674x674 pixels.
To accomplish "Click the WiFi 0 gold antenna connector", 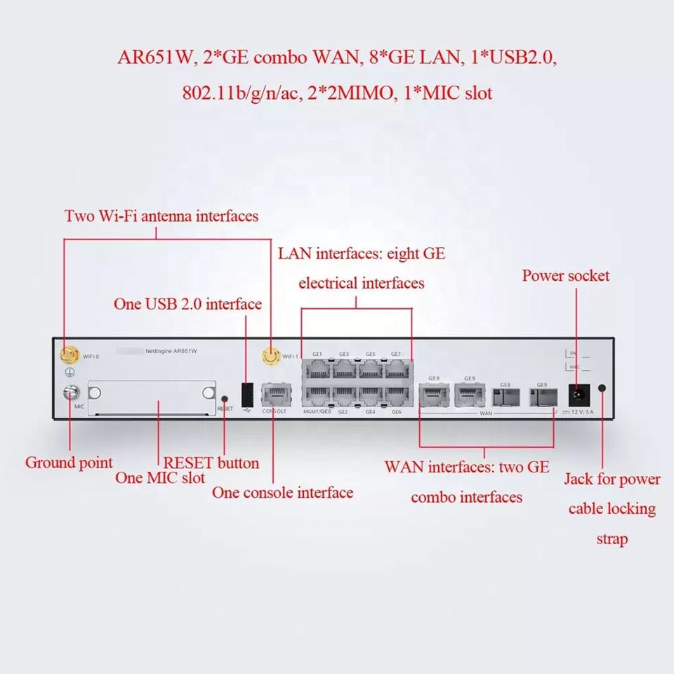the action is [x=70, y=355].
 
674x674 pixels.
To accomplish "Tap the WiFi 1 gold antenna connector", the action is [x=269, y=357].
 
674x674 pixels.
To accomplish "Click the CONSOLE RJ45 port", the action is [x=274, y=395].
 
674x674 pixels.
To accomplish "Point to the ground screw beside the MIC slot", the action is [x=71, y=394].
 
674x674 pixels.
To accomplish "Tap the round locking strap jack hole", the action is [x=602, y=388].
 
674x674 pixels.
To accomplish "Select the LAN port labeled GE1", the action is [x=317, y=369].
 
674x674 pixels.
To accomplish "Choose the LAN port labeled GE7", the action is [x=396, y=369].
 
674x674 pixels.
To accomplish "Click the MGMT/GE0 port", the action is [x=317, y=395].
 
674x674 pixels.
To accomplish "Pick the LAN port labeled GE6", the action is [x=396, y=395].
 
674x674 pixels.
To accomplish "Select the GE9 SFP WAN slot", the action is [x=541, y=397].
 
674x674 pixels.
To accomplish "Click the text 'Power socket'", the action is [x=565, y=275].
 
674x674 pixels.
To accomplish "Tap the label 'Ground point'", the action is [x=69, y=462].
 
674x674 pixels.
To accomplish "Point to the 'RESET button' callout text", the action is [x=211, y=463].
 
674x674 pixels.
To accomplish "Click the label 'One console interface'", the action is [x=282, y=492].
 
